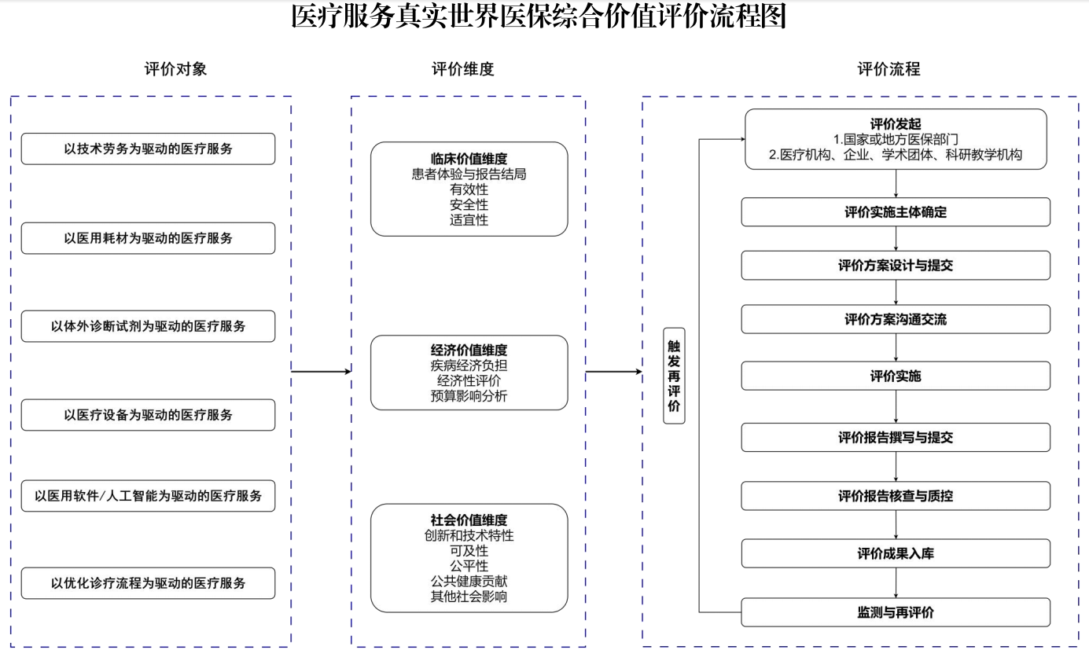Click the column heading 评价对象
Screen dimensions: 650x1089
(175, 69)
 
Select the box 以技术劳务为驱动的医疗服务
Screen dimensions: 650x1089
(148, 149)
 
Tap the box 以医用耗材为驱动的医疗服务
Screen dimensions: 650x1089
(148, 238)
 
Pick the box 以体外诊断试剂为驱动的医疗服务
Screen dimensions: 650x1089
(148, 326)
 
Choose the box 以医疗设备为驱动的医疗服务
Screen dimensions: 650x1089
(148, 415)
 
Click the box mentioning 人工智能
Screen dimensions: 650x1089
(148, 496)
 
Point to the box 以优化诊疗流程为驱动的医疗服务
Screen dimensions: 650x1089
(148, 583)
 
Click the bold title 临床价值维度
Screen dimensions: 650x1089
(469, 159)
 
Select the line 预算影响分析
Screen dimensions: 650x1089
(469, 396)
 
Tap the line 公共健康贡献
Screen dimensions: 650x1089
(469, 581)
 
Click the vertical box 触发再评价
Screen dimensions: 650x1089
(674, 376)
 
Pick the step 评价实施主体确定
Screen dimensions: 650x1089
(896, 212)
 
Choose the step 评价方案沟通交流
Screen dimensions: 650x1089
(896, 320)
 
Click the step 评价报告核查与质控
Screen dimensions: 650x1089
(896, 496)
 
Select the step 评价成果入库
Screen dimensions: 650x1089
(896, 554)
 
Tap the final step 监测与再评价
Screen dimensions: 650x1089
(896, 612)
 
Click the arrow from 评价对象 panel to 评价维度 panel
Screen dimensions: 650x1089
(321, 372)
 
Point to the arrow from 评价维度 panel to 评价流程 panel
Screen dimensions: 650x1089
(614, 372)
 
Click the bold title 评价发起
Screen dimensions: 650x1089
(896, 123)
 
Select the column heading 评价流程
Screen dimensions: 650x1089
(888, 69)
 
